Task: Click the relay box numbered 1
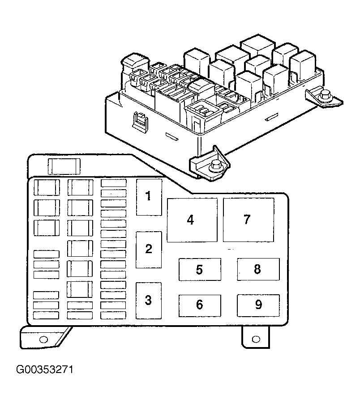(149, 197)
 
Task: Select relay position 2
(149, 250)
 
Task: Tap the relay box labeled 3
(148, 301)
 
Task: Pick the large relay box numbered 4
(192, 220)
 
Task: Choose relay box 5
(200, 269)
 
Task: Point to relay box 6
(200, 305)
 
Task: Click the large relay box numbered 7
(249, 220)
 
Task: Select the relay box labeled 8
(258, 269)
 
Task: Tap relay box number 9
(258, 305)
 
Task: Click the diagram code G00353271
(45, 369)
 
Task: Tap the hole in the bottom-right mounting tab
(256, 339)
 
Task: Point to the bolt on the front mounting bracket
(215, 166)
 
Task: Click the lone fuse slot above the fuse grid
(64, 166)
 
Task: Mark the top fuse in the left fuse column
(47, 187)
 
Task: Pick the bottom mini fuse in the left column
(46, 315)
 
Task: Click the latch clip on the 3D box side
(140, 120)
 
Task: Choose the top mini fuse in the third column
(114, 183)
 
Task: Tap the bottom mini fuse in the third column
(113, 315)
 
